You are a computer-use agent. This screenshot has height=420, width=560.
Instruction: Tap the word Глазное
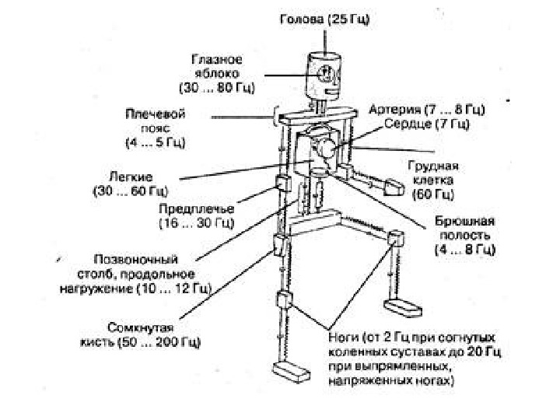pyautogui.click(x=217, y=58)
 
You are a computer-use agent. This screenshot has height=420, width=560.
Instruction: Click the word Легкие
pyautogui.click(x=131, y=176)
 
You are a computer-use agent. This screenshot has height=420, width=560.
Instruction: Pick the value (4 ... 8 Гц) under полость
pyautogui.click(x=464, y=250)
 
